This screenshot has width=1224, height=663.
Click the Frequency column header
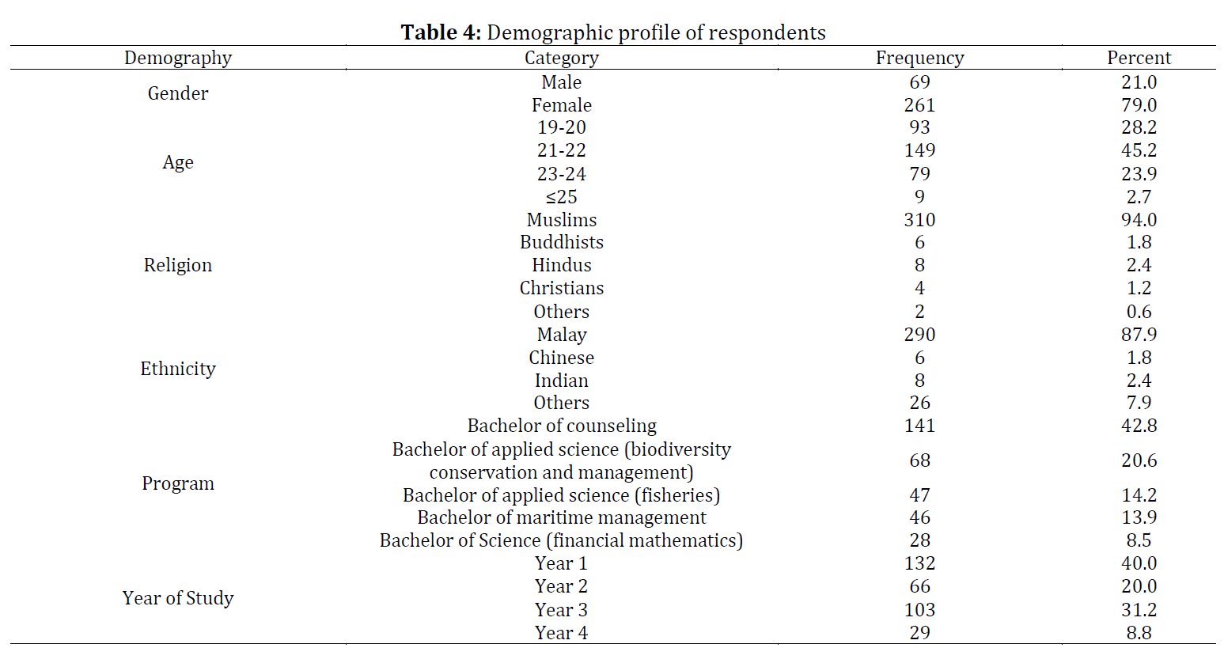919,59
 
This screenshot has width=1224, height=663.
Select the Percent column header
1139,58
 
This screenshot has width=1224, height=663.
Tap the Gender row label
178,93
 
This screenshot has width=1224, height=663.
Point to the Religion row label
178,266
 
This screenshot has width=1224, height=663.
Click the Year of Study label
178,598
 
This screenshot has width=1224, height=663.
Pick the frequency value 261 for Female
919,105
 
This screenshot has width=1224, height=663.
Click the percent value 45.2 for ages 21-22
1139,150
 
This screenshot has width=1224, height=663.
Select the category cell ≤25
561,197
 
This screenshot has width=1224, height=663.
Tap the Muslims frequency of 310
919,220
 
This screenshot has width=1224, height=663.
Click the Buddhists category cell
562,242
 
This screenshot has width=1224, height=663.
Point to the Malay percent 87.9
1139,335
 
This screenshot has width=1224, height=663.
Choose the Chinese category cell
562,358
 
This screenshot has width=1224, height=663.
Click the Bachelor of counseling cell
562,426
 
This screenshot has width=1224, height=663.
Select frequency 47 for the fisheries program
919,495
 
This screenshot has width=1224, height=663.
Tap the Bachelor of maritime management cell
562,517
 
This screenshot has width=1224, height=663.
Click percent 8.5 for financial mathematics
1139,540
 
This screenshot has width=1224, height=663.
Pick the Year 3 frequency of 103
919,610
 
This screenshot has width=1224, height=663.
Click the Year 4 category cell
561,633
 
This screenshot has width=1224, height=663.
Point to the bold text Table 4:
441,32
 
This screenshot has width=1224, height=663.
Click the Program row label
178,484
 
